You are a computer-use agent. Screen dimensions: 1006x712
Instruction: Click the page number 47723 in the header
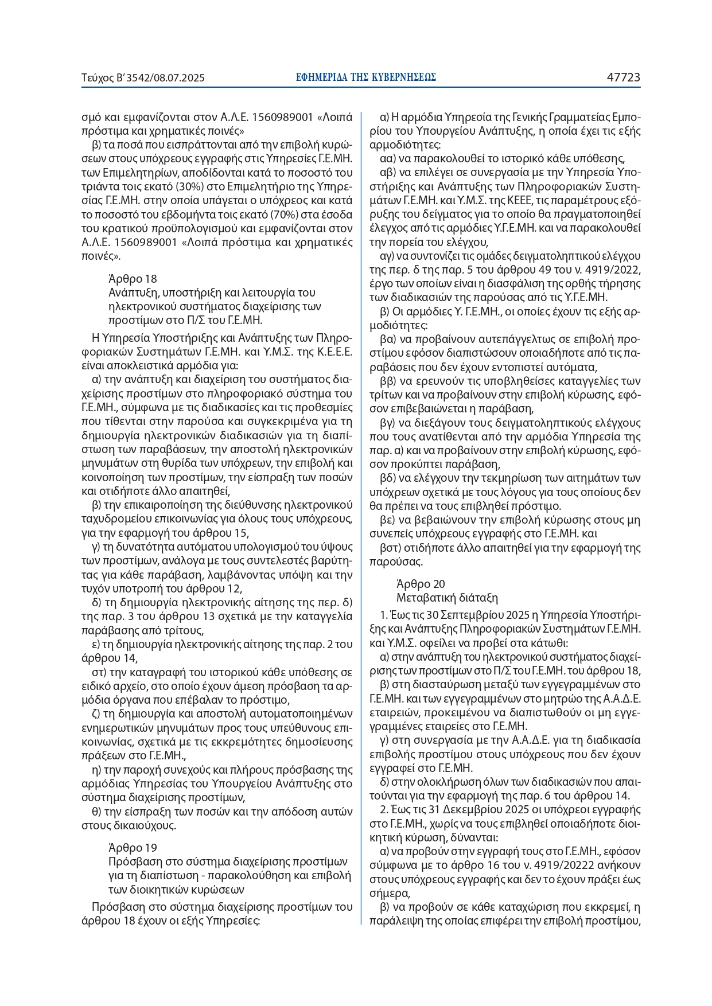pos(624,77)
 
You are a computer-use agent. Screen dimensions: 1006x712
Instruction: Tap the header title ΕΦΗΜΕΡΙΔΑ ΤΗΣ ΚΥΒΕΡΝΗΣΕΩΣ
pos(366,77)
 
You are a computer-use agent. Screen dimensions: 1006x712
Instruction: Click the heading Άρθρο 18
pos(133,279)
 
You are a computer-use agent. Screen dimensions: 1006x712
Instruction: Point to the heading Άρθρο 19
pos(133,848)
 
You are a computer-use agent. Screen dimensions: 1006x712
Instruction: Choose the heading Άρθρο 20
pos(421,584)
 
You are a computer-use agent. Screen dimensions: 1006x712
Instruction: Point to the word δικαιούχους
pos(141,826)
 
